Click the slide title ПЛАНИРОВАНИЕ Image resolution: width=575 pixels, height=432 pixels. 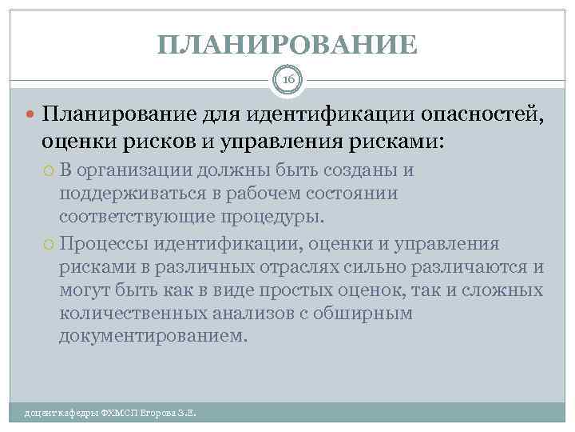click(287, 44)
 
